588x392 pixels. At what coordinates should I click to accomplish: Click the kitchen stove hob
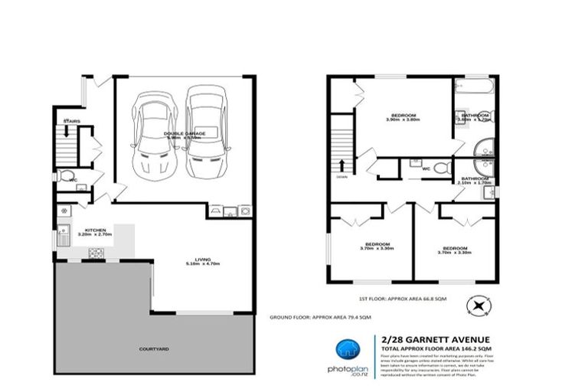pyautogui.click(x=96, y=253)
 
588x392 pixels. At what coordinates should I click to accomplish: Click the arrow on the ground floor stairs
pyautogui.click(x=67, y=132)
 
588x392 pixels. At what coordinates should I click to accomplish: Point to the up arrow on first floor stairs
pyautogui.click(x=341, y=165)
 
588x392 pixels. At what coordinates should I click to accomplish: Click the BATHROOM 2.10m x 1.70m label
pyautogui.click(x=473, y=181)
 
